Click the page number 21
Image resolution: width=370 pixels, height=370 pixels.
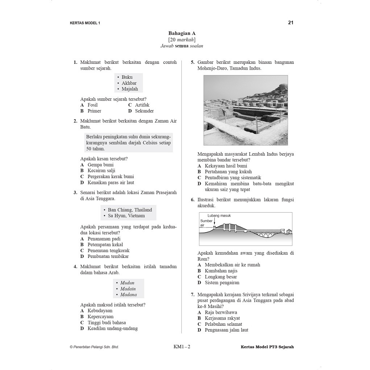coord(291,22)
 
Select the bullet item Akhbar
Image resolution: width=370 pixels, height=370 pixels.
coord(129,83)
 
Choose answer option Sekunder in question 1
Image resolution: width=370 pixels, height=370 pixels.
coord(144,111)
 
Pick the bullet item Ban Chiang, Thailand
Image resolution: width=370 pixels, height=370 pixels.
coord(130,210)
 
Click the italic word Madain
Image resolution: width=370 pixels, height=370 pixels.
coord(128,289)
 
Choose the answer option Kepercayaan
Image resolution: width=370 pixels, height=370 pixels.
coord(100,317)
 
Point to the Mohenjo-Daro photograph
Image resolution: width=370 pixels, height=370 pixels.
coord(246,110)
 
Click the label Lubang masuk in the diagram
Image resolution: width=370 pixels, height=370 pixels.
coord(219,215)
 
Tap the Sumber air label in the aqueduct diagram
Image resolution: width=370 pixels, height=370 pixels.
coord(206,223)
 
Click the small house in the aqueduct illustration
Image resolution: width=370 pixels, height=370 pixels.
coord(289,231)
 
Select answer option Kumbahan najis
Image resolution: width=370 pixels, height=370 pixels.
coord(221,271)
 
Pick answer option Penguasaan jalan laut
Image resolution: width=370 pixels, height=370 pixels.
coord(226,330)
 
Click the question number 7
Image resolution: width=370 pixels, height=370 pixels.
coord(193,295)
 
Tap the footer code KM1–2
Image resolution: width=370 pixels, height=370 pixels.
coord(182,346)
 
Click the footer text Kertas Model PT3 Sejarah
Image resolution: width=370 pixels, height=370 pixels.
coord(267,347)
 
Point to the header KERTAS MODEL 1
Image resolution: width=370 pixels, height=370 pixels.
coord(85,23)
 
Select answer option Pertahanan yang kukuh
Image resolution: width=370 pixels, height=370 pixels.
coord(228,172)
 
